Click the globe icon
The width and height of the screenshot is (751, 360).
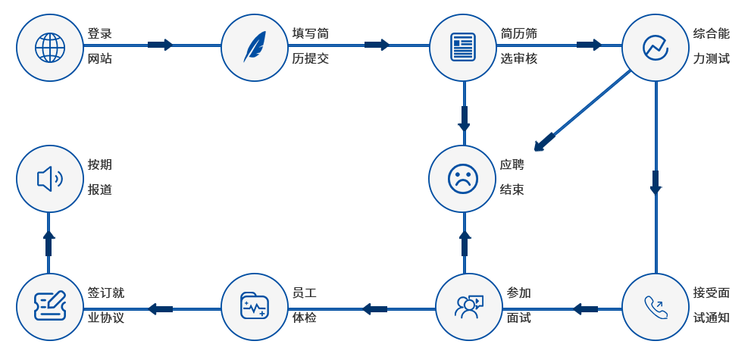pyautogui.click(x=50, y=47)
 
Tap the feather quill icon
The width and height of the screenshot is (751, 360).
pyautogui.click(x=255, y=47)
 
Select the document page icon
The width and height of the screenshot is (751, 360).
pyautogui.click(x=462, y=47)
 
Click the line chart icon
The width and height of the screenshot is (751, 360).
pyautogui.click(x=656, y=47)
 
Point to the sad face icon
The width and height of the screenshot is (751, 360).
pyautogui.click(x=462, y=179)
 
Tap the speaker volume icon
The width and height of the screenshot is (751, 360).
pyautogui.click(x=50, y=179)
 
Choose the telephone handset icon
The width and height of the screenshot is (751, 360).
pyautogui.click(x=656, y=307)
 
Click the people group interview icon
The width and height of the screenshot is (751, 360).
pyautogui.click(x=469, y=307)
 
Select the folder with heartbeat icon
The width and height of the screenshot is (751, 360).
pyautogui.click(x=255, y=307)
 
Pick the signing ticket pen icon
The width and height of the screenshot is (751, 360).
pyautogui.click(x=50, y=307)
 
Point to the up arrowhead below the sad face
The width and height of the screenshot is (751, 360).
pyautogui.click(x=465, y=243)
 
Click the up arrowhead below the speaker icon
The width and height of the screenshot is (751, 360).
pyautogui.click(x=49, y=243)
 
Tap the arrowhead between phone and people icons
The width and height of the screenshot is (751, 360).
pyautogui.click(x=583, y=308)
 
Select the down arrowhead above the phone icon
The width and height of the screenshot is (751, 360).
pyautogui.click(x=656, y=183)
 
